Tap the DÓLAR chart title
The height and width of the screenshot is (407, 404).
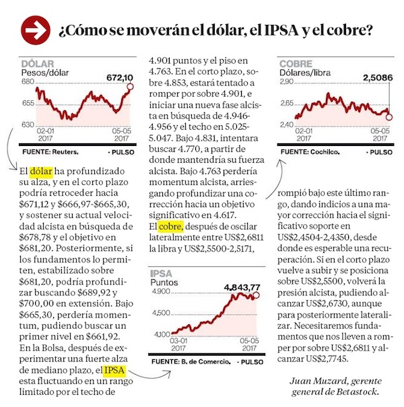(38, 63)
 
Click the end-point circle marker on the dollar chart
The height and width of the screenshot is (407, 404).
(130, 85)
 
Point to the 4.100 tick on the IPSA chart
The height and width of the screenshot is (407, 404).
(162, 334)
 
